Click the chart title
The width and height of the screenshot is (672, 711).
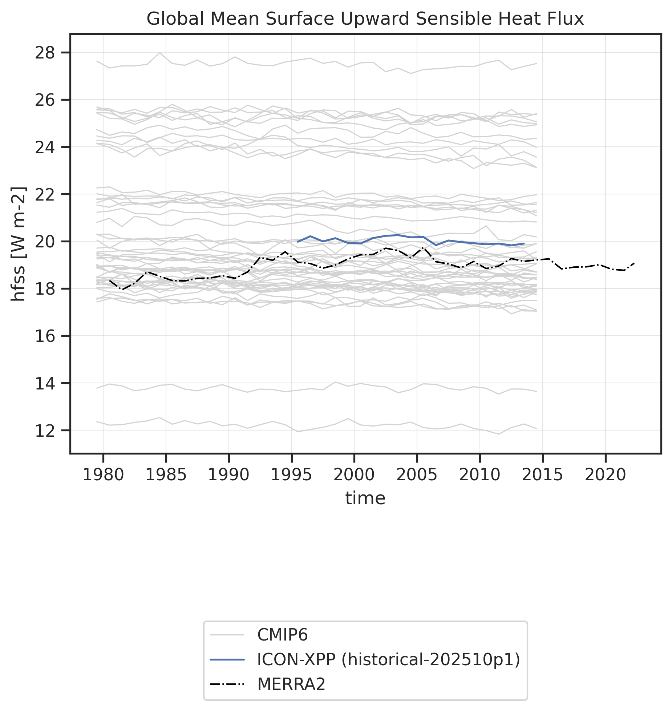[x=365, y=19]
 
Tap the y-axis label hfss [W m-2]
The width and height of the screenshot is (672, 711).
[x=19, y=244]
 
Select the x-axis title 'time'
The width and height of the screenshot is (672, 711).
[x=365, y=498]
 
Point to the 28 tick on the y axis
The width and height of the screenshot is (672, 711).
[x=44, y=53]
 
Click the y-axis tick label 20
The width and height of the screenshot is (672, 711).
[x=44, y=242]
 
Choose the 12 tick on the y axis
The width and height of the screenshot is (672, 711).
[x=44, y=431]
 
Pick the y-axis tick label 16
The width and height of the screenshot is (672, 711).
[x=44, y=336]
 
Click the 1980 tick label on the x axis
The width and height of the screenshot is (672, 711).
[x=103, y=475]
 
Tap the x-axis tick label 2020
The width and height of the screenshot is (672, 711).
[x=606, y=475]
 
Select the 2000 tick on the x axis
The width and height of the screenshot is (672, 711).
[x=354, y=475]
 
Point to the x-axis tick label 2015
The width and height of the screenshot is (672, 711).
[x=542, y=475]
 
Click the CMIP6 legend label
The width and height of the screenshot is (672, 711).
[x=282, y=635]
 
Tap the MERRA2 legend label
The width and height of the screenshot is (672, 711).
[x=291, y=684]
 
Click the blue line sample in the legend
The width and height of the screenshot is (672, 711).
[x=227, y=659]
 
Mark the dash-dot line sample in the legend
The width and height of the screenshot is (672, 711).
[x=227, y=684]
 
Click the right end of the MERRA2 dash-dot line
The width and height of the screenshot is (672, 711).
[x=634, y=263]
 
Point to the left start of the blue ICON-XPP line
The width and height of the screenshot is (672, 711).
[x=298, y=242]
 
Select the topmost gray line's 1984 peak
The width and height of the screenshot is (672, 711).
[x=160, y=53]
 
